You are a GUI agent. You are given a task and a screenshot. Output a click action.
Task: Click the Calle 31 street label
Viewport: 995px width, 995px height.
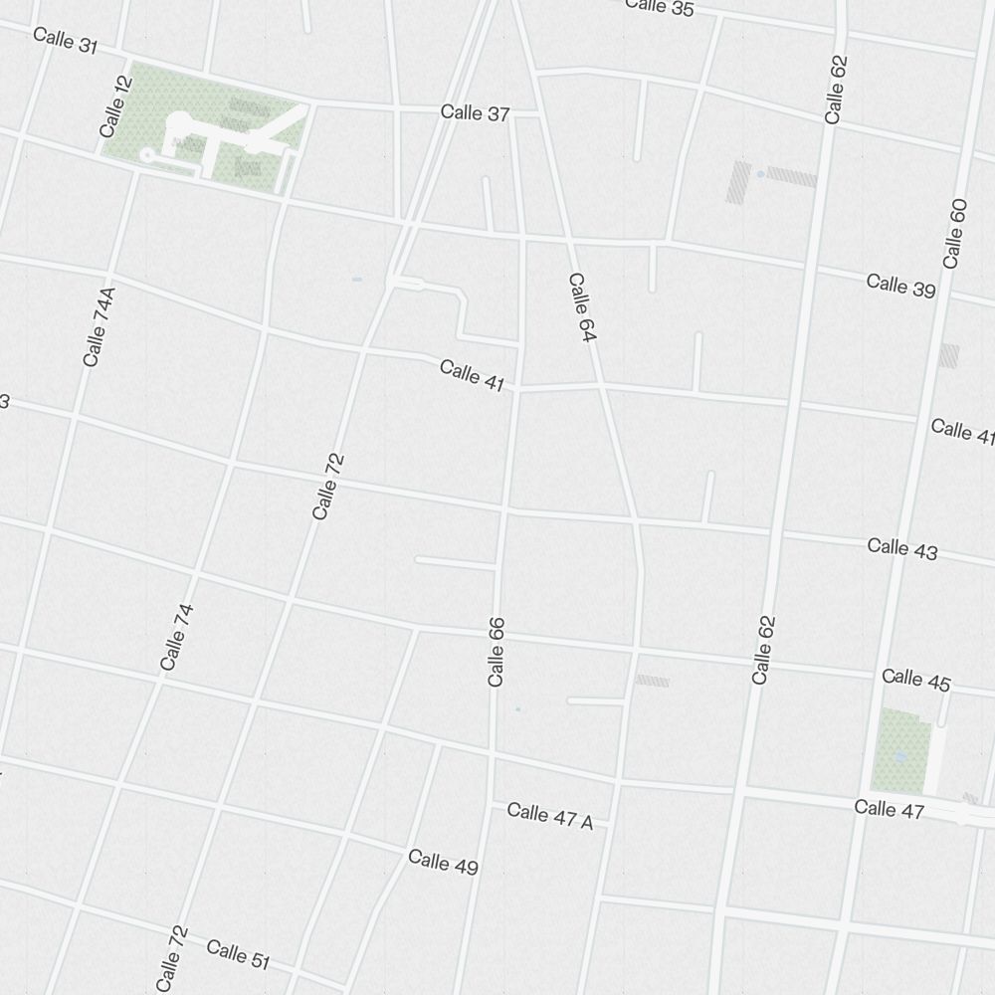[66, 41]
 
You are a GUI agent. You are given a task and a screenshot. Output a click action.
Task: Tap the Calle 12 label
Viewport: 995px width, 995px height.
[115, 106]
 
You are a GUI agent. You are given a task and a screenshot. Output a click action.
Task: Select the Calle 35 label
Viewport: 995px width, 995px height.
[660, 7]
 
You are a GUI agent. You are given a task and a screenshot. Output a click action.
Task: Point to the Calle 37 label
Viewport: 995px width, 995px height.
[475, 113]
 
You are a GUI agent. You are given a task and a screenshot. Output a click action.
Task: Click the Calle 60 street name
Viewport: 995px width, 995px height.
[954, 233]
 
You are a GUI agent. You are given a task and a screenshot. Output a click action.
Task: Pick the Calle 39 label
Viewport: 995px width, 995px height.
[900, 285]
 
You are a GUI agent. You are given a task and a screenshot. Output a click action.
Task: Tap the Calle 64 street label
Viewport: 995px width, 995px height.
[581, 308]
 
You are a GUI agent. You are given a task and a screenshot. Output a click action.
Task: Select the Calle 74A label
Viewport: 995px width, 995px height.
[99, 326]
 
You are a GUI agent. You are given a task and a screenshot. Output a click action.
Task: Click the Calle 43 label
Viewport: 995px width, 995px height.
[901, 548]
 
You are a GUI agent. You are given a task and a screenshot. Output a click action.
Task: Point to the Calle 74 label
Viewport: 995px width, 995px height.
[176, 637]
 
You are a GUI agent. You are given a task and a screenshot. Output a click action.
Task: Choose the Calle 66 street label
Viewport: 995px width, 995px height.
[497, 652]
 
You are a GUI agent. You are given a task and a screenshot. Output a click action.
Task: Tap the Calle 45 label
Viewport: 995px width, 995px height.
[915, 680]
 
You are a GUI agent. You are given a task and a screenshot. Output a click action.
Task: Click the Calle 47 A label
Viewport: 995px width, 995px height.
[549, 816]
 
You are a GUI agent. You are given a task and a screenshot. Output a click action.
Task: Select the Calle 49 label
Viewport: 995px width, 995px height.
[443, 862]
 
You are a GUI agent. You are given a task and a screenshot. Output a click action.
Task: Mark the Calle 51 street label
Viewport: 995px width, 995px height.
[238, 953]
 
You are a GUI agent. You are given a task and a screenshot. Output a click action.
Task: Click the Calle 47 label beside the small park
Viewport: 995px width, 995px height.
[889, 809]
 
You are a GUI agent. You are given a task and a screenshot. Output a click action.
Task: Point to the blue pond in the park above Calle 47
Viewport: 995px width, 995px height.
[900, 756]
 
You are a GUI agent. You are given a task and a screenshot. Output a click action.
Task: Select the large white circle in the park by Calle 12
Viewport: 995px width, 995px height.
[181, 123]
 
